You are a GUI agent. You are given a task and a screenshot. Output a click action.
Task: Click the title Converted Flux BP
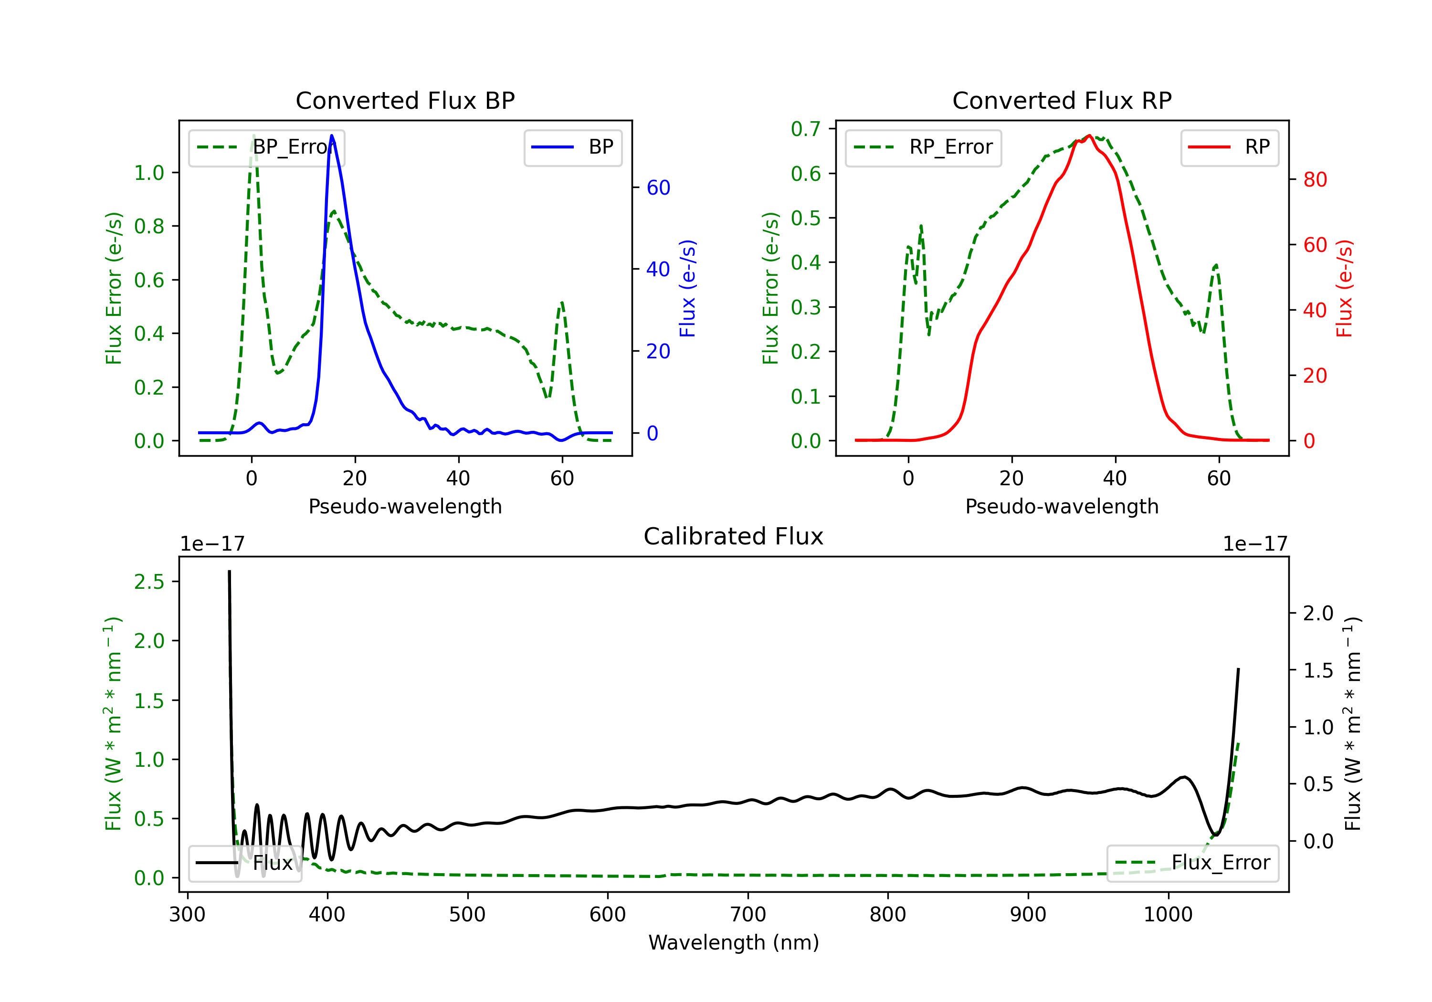[405, 100]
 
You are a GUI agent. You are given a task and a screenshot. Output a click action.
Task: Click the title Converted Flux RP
[1062, 100]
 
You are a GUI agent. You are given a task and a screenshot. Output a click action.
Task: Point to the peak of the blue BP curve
[332, 136]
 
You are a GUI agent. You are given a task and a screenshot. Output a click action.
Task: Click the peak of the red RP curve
[1089, 136]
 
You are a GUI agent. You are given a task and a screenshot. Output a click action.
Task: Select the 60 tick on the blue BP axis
[658, 188]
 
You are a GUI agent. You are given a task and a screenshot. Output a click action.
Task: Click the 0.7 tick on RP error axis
[805, 129]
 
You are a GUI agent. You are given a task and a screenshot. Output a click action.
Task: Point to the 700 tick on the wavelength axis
[748, 915]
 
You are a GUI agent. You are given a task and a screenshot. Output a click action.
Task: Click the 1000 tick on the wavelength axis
[1168, 915]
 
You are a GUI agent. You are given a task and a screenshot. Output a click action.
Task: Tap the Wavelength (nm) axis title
[734, 943]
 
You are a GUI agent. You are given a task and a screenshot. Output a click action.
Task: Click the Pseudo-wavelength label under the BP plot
[405, 506]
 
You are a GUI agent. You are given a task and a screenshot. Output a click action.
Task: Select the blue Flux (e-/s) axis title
[687, 289]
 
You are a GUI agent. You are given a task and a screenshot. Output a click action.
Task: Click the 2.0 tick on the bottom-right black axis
[1318, 614]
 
